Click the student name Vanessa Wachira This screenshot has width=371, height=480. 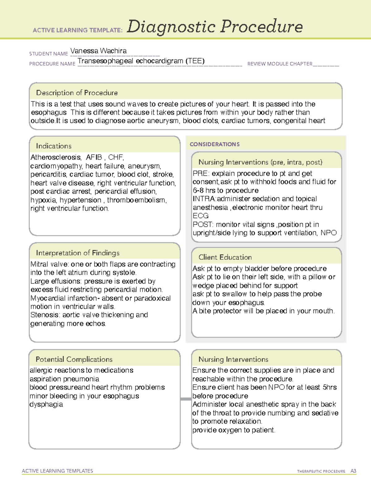[98, 51]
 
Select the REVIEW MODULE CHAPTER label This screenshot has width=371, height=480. [280, 64]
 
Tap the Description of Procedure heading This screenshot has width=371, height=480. [77, 93]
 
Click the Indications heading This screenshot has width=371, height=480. [53, 146]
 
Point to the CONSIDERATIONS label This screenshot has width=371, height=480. [215, 144]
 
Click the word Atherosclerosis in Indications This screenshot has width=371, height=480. [56, 157]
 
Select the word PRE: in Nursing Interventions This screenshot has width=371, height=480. [201, 173]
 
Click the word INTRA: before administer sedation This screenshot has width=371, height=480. [204, 199]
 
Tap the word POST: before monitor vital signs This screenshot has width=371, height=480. [203, 224]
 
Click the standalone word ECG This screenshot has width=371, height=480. [201, 216]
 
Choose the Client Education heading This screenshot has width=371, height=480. [225, 257]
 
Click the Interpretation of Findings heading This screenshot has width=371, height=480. [78, 253]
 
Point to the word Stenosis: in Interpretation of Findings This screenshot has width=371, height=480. [45, 315]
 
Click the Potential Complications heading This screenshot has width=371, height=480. [74, 359]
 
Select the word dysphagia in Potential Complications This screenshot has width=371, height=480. [46, 404]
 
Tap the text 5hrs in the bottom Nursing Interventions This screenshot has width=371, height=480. [330, 387]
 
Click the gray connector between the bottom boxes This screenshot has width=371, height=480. [186, 399]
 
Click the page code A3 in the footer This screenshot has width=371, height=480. [353, 471]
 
